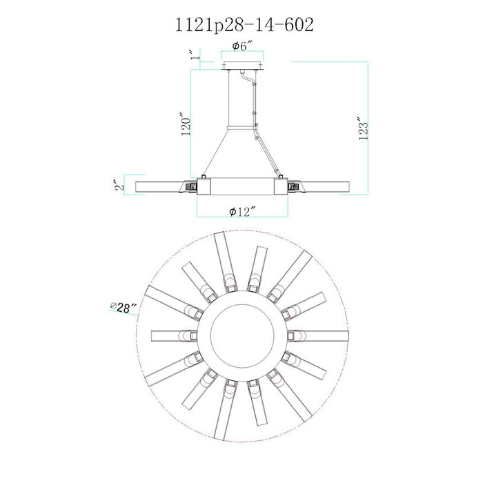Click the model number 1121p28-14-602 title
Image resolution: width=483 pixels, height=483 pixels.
[x=244, y=25]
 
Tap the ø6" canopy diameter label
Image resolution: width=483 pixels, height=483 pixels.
[x=242, y=46]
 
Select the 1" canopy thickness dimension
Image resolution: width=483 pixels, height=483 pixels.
[x=194, y=54]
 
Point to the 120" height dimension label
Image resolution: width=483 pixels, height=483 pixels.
[x=186, y=126]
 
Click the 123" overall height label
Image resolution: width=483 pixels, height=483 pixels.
[x=364, y=128]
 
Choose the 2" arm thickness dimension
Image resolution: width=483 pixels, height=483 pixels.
[x=119, y=184]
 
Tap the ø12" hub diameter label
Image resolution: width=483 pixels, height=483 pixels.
[x=242, y=211]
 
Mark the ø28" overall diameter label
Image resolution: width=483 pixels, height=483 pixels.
[x=124, y=307]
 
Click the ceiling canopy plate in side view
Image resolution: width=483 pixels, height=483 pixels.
[x=242, y=66]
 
